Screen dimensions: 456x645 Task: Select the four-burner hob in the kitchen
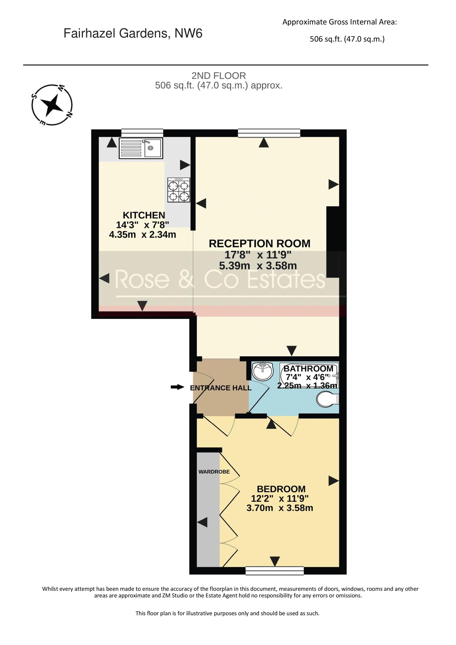(179, 190)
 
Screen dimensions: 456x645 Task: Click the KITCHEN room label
(144, 215)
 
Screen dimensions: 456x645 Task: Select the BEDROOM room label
(281, 489)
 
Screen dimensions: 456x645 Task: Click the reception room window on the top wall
(269, 133)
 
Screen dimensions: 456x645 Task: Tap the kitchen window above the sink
(142, 133)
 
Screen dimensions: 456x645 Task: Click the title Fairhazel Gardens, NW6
(133, 33)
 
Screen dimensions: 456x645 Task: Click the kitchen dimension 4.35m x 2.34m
(143, 234)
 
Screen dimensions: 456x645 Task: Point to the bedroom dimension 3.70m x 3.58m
(280, 508)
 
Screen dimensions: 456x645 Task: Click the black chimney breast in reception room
(333, 242)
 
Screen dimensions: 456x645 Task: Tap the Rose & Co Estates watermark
(220, 279)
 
